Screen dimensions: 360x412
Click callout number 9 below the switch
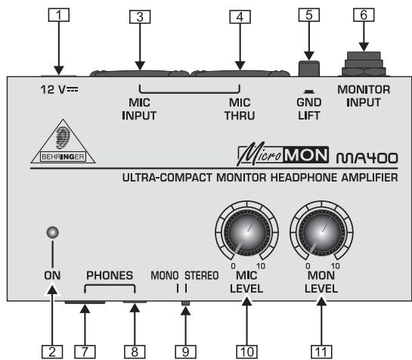pyautogui.click(x=185, y=349)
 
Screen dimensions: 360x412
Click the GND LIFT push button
pyautogui.click(x=308, y=68)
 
